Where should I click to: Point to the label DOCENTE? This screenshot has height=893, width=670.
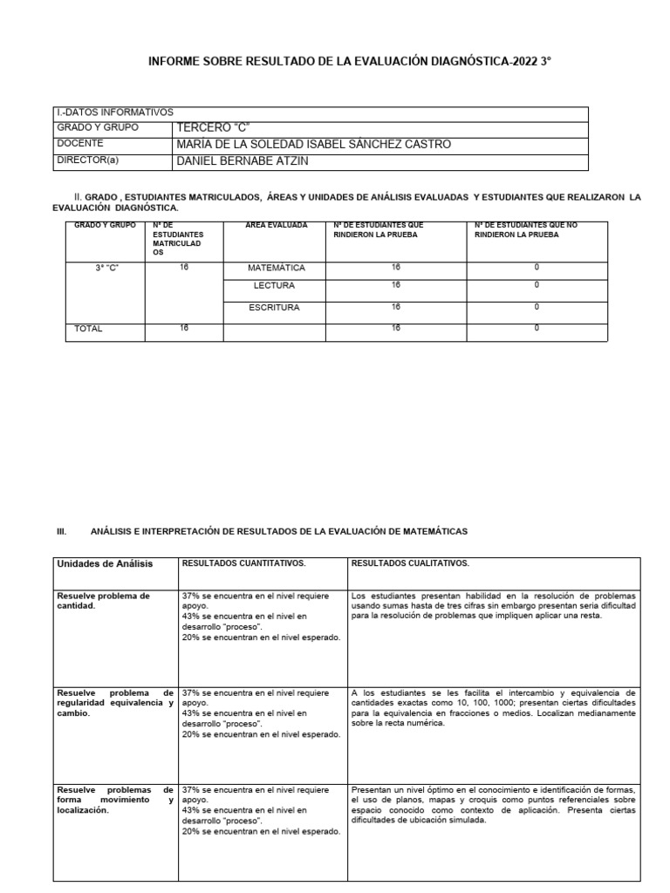tap(79, 144)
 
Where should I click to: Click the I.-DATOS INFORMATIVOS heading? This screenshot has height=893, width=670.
tap(113, 112)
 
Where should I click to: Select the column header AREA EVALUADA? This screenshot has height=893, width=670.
tap(276, 226)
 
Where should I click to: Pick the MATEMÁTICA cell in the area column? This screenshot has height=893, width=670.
tap(276, 268)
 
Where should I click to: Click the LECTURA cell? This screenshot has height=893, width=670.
tap(275, 286)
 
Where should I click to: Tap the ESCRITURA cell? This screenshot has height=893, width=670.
tap(275, 308)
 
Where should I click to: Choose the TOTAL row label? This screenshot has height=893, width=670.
tap(88, 330)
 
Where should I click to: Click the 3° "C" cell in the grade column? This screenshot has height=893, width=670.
tap(106, 268)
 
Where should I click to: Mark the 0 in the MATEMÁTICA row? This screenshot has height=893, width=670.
tap(536, 267)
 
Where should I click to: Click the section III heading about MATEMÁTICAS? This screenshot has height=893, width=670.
tap(279, 531)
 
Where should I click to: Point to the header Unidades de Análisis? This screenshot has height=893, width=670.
tap(105, 564)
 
